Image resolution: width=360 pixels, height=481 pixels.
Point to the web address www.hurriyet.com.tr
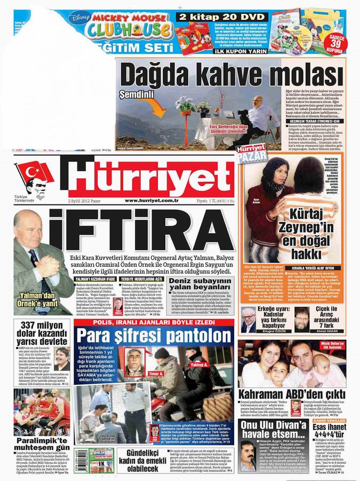click(x=151, y=200)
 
